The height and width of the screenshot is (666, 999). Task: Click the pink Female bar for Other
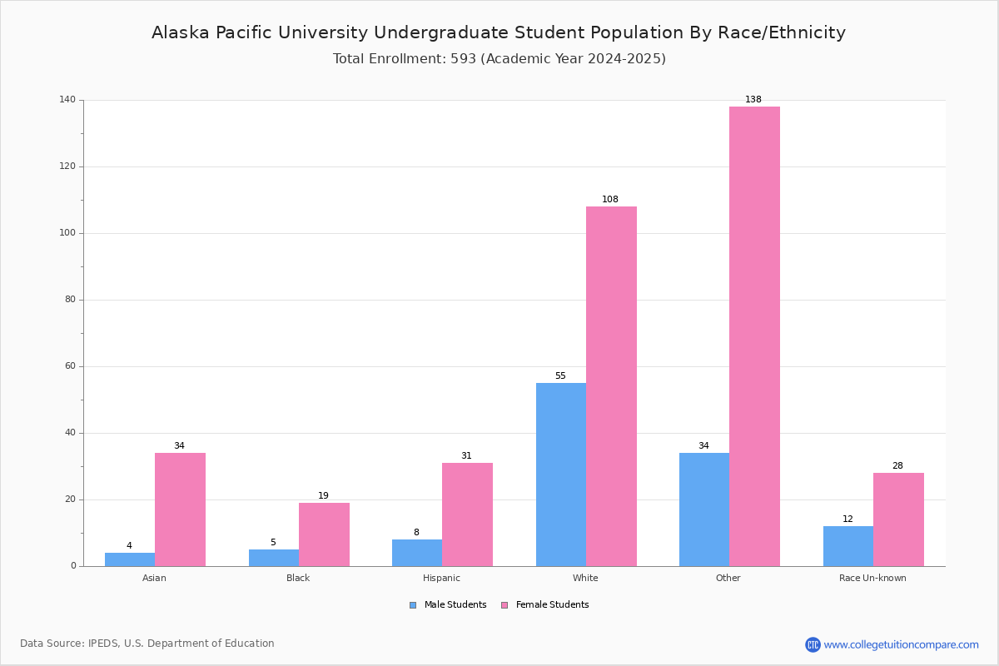[754, 336]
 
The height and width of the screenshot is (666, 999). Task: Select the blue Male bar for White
[561, 475]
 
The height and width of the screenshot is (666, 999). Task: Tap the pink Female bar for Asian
[180, 509]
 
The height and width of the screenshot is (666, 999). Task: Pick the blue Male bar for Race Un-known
[848, 546]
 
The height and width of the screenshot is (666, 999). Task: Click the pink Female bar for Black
[324, 534]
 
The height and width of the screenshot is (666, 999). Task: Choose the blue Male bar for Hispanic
[417, 553]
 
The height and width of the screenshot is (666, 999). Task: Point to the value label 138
[753, 99]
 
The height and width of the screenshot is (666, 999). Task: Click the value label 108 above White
[610, 200]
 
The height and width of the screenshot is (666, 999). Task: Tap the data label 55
[560, 376]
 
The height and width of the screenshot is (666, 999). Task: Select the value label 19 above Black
[323, 495]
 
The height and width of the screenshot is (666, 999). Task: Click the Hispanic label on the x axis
[441, 578]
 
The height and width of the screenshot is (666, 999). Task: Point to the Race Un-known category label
[872, 578]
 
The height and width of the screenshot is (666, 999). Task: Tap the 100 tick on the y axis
[67, 233]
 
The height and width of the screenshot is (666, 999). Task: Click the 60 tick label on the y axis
[71, 366]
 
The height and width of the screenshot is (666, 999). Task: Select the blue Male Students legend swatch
[413, 605]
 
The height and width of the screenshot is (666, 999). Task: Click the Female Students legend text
[553, 605]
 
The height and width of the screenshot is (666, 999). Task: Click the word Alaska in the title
[181, 32]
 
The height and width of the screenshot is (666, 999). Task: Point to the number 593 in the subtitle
[464, 59]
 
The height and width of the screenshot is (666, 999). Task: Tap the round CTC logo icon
[813, 644]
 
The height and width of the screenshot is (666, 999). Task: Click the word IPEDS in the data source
[103, 644]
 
